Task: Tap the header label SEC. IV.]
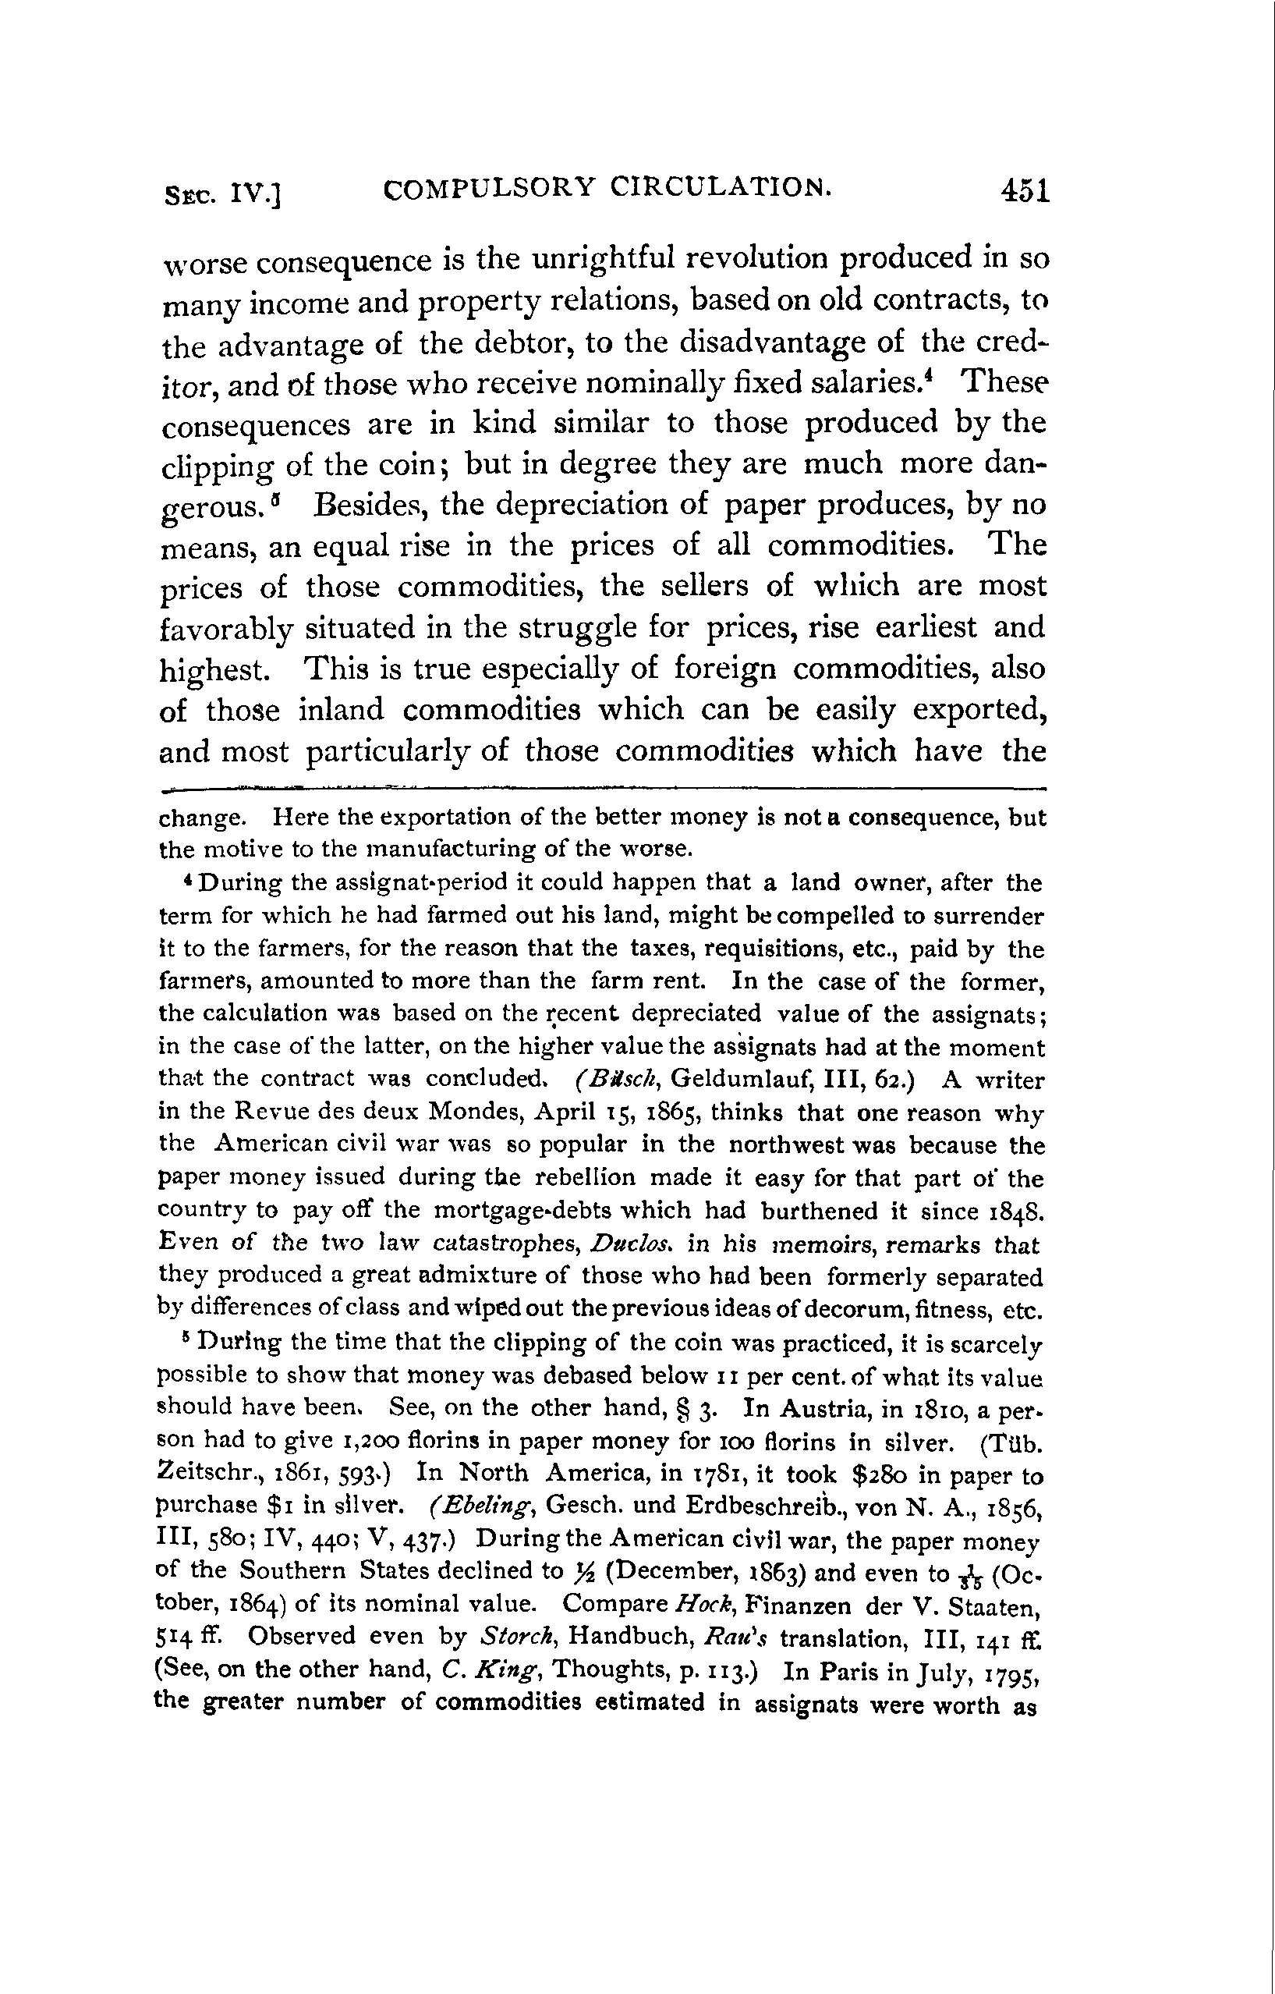coord(223,196)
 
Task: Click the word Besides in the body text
coord(370,505)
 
